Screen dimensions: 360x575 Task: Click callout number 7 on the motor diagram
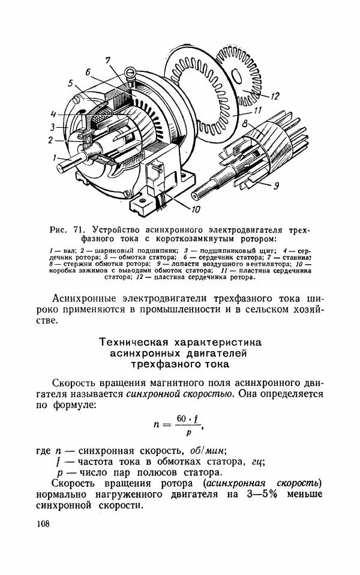pyautogui.click(x=107, y=60)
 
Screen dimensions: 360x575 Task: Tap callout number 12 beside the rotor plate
pyautogui.click(x=274, y=96)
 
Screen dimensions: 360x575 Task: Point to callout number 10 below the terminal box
pyautogui.click(x=196, y=209)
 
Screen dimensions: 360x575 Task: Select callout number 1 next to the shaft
pyautogui.click(x=54, y=158)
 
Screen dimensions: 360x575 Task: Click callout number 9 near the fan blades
pyautogui.click(x=276, y=186)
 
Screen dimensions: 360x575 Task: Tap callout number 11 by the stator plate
pyautogui.click(x=257, y=110)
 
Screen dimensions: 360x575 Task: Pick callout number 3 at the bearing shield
pyautogui.click(x=53, y=127)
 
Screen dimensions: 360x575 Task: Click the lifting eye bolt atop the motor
pyautogui.click(x=130, y=73)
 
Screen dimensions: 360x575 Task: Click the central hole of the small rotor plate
pyautogui.click(x=236, y=75)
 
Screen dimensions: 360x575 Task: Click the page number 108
pyautogui.click(x=43, y=523)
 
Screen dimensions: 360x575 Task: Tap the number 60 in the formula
pyautogui.click(x=182, y=419)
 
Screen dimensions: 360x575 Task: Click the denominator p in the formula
pyautogui.click(x=189, y=433)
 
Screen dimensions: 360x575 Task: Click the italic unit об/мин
pyautogui.click(x=207, y=450)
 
